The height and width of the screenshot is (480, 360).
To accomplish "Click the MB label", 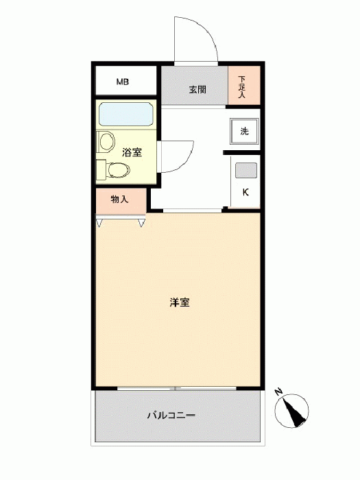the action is click(123, 82).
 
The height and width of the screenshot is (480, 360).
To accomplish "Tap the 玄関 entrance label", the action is click(197, 90).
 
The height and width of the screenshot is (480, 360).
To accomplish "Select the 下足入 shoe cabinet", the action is click(244, 86).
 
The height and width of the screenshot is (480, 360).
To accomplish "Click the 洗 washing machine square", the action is click(244, 132).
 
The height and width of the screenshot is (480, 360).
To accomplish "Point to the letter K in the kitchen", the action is click(245, 192).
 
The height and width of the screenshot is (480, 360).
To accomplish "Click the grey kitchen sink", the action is click(246, 170).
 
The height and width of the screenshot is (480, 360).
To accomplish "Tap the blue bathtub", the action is click(126, 115).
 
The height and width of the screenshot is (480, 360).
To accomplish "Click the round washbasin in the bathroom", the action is click(107, 142).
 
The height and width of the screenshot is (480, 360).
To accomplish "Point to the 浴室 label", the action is click(132, 152).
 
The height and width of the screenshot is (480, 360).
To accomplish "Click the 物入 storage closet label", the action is click(119, 200).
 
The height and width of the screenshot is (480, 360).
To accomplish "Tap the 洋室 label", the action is click(180, 302).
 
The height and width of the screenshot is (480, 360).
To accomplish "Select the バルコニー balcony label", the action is click(171, 416).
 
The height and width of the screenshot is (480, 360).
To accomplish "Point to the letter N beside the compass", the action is click(278, 392).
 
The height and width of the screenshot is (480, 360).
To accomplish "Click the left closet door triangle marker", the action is click(99, 223).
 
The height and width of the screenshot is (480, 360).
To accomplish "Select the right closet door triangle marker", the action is click(141, 223).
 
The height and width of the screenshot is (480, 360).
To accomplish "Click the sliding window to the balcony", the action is click(177, 388).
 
